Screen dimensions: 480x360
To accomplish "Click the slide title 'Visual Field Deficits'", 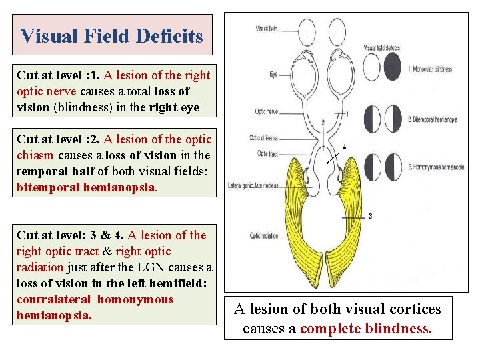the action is pyautogui.click(x=112, y=35).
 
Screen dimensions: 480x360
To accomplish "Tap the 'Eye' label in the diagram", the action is pyautogui.click(x=273, y=75).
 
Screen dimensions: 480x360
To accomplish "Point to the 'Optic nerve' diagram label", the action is pyautogui.click(x=264, y=115).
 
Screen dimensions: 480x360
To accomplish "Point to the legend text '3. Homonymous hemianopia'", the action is pyautogui.click(x=436, y=167).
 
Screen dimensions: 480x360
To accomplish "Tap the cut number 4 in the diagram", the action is pyautogui.click(x=344, y=146).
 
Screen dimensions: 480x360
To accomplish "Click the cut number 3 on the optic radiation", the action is pyautogui.click(x=370, y=216).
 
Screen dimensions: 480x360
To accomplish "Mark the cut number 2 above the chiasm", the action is pyautogui.click(x=323, y=122).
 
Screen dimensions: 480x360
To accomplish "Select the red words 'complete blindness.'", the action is pyautogui.click(x=366, y=329).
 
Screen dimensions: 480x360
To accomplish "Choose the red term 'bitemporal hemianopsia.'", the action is pyautogui.click(x=87, y=187).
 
